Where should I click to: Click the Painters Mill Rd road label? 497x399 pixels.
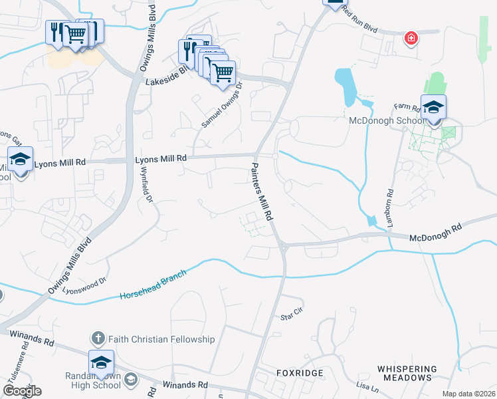tap(262, 191)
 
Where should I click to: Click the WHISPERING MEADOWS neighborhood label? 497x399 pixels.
tap(407, 373)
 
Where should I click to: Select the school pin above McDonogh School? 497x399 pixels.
tap(433, 107)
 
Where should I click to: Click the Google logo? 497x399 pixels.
tap(22, 391)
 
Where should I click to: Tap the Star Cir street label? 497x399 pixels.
tap(291, 313)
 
